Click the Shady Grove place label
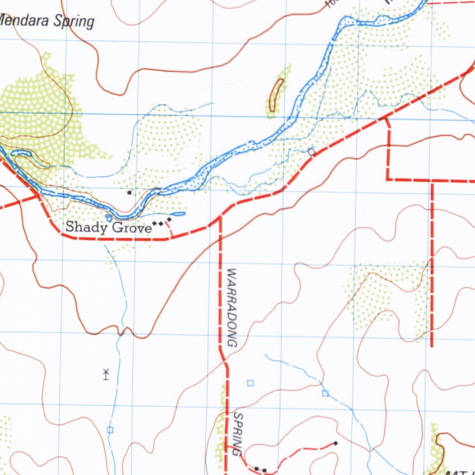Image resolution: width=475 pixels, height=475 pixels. point(108,227)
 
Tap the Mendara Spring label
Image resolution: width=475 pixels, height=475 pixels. point(47,21)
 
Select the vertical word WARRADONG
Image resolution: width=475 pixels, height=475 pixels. point(232,308)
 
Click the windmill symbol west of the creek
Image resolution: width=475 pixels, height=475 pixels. point(106,374)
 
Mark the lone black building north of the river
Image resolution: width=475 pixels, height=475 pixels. point(129,192)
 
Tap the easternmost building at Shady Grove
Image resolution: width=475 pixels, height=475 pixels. point(169,219)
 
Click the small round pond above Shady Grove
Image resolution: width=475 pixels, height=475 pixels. point(109,218)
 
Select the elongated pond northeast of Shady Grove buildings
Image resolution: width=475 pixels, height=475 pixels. point(178,214)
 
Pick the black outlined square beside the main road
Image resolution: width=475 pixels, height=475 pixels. point(312,151)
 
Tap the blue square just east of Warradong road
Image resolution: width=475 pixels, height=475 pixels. point(250,383)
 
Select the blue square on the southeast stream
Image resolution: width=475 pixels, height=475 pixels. point(325,393)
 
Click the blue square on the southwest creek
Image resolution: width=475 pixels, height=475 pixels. point(110,430)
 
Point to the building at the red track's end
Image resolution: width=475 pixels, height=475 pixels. point(335,443)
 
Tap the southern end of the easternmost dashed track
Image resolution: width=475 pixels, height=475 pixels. point(432,346)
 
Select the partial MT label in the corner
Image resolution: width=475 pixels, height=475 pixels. point(457,472)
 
